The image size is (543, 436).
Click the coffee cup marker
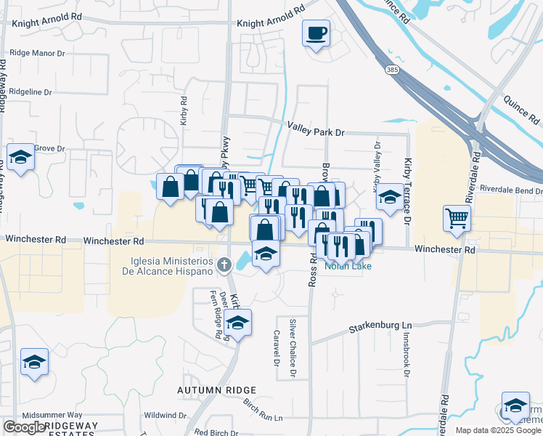(317, 33)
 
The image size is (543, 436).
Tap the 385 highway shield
(393, 70)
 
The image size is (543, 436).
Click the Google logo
(24, 427)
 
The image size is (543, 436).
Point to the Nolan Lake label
(348, 266)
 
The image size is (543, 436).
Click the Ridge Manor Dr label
(37, 53)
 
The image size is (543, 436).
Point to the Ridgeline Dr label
(30, 92)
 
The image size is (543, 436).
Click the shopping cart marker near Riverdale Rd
(457, 218)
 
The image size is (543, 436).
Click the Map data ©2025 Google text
(498, 430)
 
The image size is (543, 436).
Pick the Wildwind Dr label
(160, 416)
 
